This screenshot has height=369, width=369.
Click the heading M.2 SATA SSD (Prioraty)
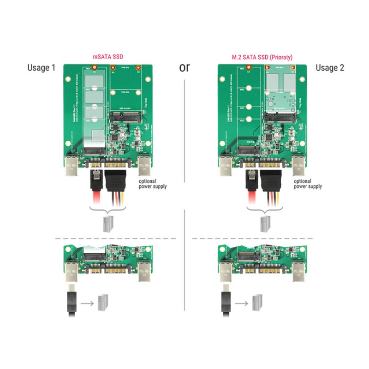pyautogui.click(x=262, y=57)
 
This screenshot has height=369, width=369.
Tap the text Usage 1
pyautogui.click(x=42, y=68)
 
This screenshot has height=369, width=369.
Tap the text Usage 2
pyautogui.click(x=330, y=68)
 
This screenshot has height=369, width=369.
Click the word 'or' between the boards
pyautogui.click(x=184, y=67)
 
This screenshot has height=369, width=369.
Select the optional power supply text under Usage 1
pyautogui.click(x=153, y=184)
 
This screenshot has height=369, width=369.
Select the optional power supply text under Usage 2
pyautogui.click(x=308, y=184)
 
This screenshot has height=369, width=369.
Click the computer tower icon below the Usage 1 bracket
pyautogui.click(x=107, y=223)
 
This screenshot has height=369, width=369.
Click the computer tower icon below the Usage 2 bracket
pyautogui.click(x=265, y=223)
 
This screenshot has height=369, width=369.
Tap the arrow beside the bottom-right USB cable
pyautogui.click(x=241, y=304)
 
